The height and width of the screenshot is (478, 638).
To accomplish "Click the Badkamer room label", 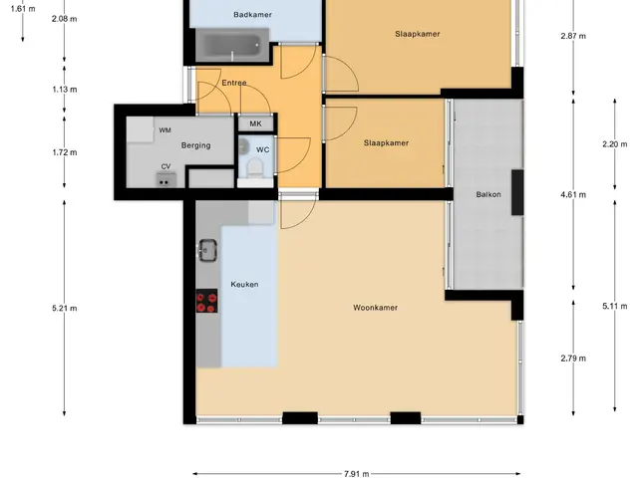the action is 252,15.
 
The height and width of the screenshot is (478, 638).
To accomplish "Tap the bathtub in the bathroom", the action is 232,45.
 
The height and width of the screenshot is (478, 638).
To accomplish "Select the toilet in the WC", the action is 255,167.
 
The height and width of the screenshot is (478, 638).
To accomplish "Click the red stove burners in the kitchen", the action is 206,301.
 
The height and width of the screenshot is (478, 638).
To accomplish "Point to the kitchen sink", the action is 207,250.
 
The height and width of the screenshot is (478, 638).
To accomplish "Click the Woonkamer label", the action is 375,308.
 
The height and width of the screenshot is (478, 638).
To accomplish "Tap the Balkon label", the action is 488,194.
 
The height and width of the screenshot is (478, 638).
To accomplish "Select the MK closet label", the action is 255,123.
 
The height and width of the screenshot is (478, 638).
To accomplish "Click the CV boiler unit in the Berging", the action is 166,180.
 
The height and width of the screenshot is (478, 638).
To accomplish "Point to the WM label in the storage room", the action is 164,130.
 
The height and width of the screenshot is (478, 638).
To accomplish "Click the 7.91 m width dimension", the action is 357,474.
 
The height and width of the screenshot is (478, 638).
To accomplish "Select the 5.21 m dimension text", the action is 64,308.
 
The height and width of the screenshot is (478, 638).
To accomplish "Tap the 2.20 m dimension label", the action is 615,143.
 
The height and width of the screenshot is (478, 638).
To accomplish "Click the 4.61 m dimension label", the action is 573,195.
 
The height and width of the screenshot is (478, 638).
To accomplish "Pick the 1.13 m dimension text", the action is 64,90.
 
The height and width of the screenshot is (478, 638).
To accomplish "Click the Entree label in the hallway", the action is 234,83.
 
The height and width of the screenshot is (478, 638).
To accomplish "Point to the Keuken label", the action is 244,284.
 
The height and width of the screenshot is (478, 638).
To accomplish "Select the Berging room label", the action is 195,145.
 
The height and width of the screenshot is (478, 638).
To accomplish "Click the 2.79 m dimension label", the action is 573,358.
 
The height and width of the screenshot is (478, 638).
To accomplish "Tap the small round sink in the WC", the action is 243,146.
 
